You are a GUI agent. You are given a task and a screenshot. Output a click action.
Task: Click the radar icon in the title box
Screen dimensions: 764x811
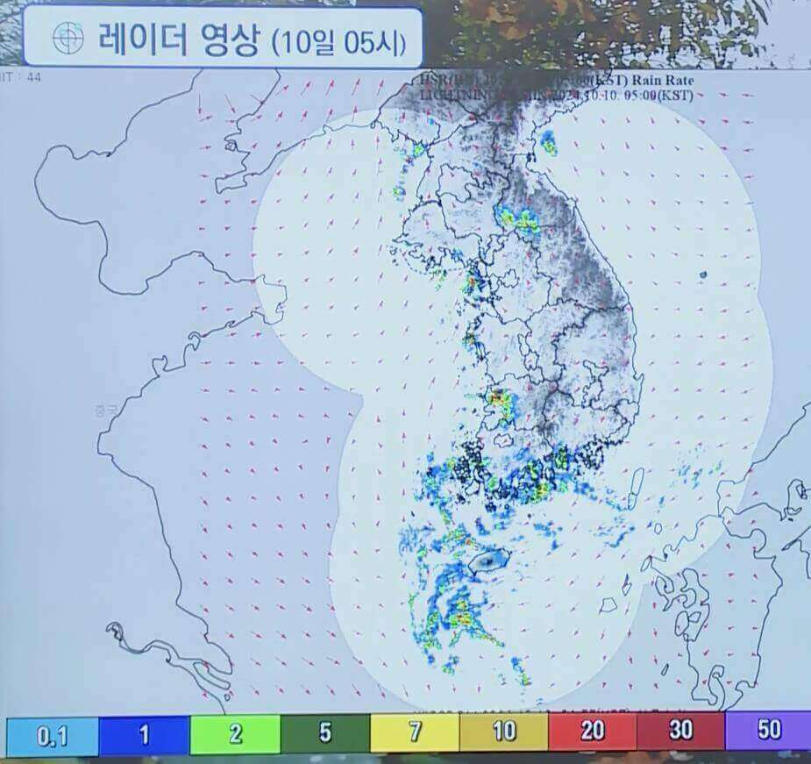[x=68, y=37]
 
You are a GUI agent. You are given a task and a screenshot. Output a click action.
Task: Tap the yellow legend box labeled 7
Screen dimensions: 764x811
[x=415, y=732]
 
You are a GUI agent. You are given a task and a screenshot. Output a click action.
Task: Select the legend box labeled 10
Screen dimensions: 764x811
[x=504, y=732]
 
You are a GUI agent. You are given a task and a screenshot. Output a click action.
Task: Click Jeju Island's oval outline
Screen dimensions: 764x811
[x=489, y=561]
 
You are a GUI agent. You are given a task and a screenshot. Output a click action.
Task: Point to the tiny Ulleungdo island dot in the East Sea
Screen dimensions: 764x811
[x=702, y=275]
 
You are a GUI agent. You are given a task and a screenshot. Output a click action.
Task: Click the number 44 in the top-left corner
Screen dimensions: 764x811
[x=34, y=77]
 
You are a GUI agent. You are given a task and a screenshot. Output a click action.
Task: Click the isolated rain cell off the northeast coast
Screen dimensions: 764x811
[x=549, y=142]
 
